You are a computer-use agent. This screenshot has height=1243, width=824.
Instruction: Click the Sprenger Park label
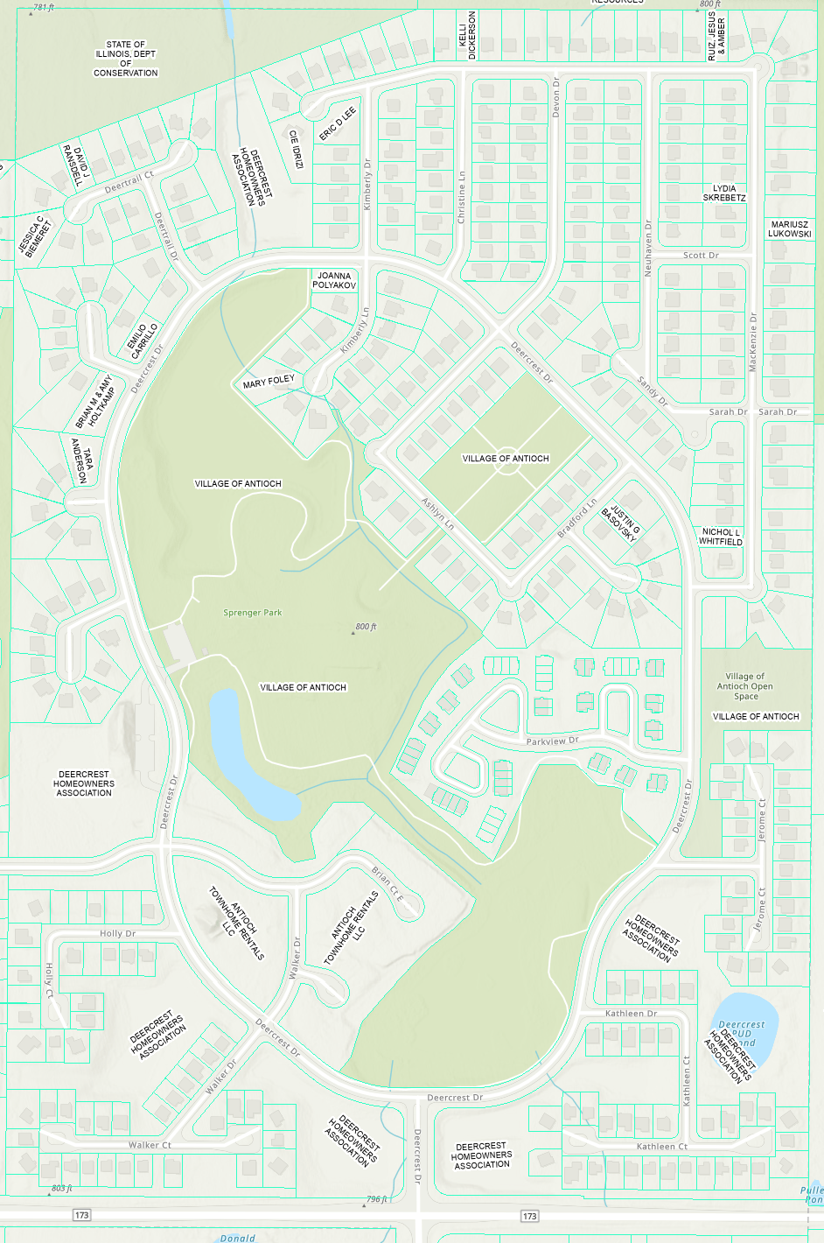click(252, 613)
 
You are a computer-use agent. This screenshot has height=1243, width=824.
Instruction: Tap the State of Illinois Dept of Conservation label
click(126, 59)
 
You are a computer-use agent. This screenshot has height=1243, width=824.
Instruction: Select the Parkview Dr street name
click(552, 741)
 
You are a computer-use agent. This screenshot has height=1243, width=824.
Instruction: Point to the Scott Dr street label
click(701, 256)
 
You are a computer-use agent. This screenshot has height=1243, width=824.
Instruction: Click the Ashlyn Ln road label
click(438, 515)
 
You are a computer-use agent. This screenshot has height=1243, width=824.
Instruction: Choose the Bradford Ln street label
click(577, 518)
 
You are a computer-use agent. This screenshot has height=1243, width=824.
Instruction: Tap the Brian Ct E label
click(388, 883)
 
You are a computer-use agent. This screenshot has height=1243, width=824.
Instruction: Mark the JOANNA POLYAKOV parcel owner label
click(334, 280)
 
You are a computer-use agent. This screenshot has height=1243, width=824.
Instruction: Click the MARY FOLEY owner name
click(269, 382)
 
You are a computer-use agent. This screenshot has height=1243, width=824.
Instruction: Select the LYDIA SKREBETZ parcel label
click(724, 193)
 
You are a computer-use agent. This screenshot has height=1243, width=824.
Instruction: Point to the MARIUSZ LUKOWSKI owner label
click(790, 229)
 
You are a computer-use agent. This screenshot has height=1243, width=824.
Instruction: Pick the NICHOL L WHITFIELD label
click(721, 537)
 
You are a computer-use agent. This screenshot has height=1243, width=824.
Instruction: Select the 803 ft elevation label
click(61, 1188)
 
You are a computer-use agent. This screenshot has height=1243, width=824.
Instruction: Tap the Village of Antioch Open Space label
click(745, 686)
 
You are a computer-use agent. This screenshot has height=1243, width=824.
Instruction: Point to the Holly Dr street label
click(117, 934)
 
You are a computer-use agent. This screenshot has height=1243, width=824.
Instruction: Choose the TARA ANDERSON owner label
click(82, 460)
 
